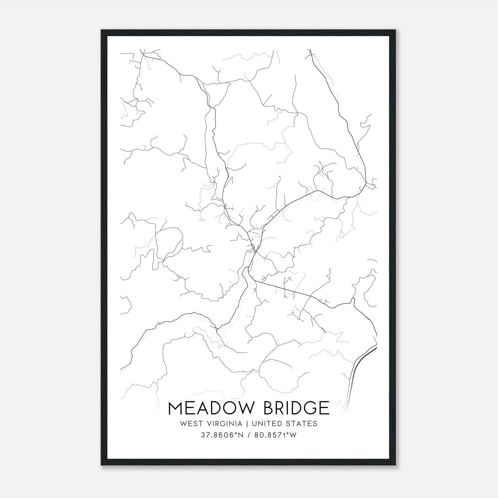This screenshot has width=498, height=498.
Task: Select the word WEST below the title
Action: [x=190, y=423]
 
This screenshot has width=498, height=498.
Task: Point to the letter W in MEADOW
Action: [x=244, y=408]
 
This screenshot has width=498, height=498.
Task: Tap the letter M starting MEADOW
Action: [x=175, y=408]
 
